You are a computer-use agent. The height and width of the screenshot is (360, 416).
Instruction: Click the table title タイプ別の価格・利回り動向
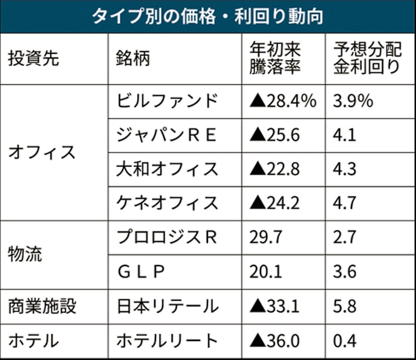[207, 16]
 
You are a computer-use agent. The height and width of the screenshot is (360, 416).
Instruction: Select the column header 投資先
[35, 59]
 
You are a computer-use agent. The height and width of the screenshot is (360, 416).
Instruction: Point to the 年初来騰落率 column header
[276, 59]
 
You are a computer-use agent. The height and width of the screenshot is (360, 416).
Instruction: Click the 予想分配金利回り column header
[365, 59]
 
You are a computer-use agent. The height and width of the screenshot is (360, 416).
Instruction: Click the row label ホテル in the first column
[33, 341]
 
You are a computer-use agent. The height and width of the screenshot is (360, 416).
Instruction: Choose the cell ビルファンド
[166, 100]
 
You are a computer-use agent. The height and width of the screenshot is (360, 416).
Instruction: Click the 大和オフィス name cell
[167, 169]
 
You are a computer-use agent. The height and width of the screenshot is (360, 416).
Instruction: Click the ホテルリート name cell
[167, 341]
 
